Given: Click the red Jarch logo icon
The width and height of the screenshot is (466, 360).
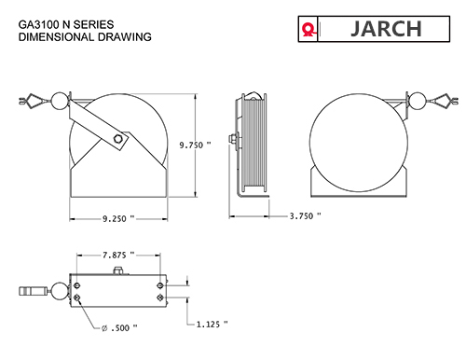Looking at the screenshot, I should coord(307,30).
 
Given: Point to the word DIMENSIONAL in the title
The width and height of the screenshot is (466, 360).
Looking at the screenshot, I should coord(54,39).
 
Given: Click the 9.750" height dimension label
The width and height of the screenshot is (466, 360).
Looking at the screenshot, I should coord(195,145).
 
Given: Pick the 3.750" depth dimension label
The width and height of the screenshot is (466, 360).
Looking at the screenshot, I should coord(305,215).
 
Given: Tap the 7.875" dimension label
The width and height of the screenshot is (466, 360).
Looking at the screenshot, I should coord(117,254).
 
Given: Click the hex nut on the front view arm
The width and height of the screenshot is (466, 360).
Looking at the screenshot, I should coord(117,140).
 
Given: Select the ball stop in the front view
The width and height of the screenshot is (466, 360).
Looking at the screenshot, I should coord(57,101).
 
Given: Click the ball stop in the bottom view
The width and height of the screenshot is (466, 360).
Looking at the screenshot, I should coord(58,291).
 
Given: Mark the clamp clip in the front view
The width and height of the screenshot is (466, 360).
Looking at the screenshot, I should coord(32,100).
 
